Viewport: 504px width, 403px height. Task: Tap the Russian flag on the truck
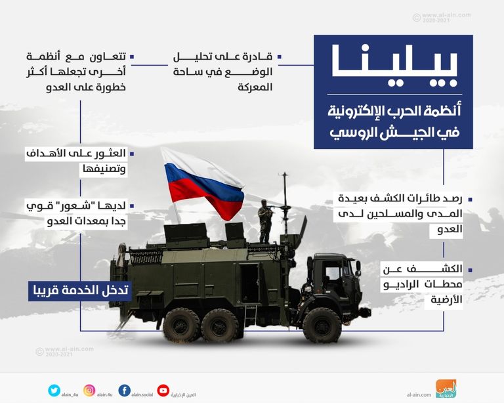203,184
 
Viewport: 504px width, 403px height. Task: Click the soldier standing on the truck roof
264,220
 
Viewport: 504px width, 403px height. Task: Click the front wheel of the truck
322,324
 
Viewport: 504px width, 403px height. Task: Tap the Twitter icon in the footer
54,391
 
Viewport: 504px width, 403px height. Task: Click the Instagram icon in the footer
89,391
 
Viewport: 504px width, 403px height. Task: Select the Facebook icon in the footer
125,391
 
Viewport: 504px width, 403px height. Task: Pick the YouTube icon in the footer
163,391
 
